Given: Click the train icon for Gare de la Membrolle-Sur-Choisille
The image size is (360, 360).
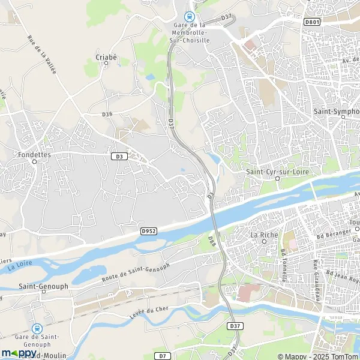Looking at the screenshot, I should pyautogui.click(x=190, y=17).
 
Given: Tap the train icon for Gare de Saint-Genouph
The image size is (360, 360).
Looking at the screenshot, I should pyautogui.click(x=37, y=328).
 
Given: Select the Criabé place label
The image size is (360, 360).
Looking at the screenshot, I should pyautogui.click(x=106, y=58).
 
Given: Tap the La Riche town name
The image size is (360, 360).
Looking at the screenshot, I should pyautogui.click(x=262, y=235).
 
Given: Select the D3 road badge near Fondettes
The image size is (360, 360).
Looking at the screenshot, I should pyautogui.click(x=119, y=156).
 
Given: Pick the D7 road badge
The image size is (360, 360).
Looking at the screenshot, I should pyautogui.click(x=162, y=356).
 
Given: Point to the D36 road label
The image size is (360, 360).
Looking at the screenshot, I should pyautogui.click(x=107, y=114).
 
